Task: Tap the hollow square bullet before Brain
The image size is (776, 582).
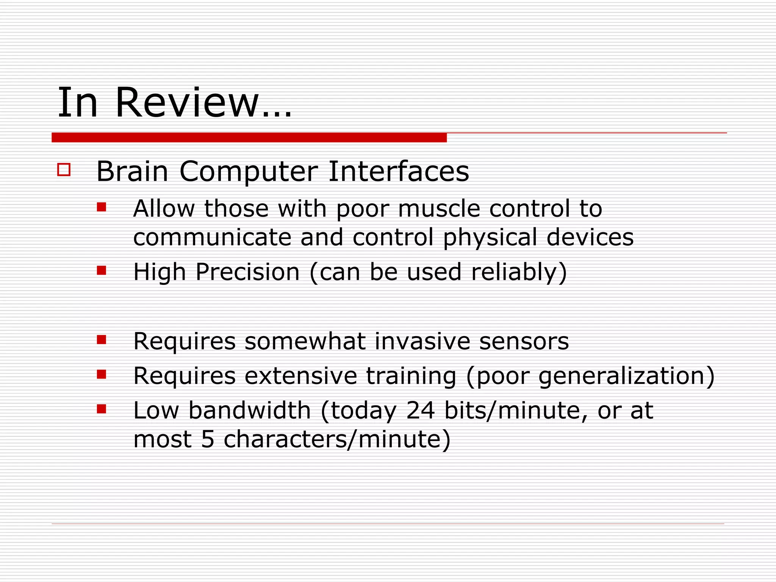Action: [x=64, y=169]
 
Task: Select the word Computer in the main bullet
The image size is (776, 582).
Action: [x=248, y=172]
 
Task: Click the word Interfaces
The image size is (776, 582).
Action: [x=398, y=172]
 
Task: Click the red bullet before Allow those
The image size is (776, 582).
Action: [x=101, y=207]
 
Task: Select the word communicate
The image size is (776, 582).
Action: [x=212, y=237]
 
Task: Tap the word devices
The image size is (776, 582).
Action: [x=590, y=237]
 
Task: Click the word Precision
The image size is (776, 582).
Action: [x=247, y=272]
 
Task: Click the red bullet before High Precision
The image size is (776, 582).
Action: [x=101, y=270]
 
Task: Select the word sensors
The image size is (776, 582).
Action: [x=524, y=341]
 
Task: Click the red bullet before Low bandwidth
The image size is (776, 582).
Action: [x=101, y=409]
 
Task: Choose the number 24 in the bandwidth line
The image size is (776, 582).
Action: [x=420, y=410]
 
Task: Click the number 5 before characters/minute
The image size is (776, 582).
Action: [x=208, y=439]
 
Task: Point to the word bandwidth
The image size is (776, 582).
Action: [x=249, y=410]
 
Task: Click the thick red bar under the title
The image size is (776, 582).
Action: [x=249, y=138]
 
